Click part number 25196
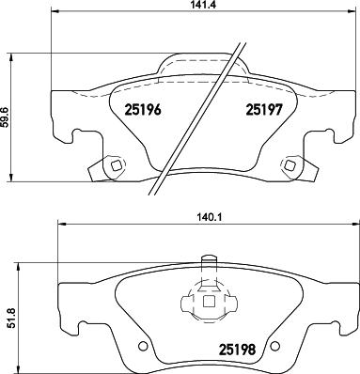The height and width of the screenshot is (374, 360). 144,109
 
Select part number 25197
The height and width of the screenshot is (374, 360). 265,109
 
